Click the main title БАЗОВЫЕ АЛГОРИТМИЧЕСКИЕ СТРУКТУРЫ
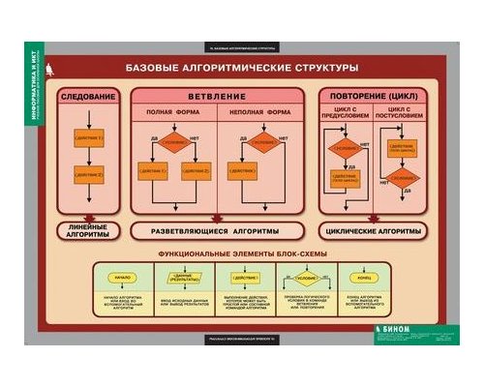(x=242, y=70)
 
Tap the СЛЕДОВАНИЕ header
(x=88, y=98)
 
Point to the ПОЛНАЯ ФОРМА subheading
(x=173, y=112)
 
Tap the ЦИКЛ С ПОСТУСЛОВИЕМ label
(x=401, y=116)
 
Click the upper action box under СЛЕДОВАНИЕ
(x=88, y=142)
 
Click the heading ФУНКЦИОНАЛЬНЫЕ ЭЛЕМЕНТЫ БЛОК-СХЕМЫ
(x=242, y=253)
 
